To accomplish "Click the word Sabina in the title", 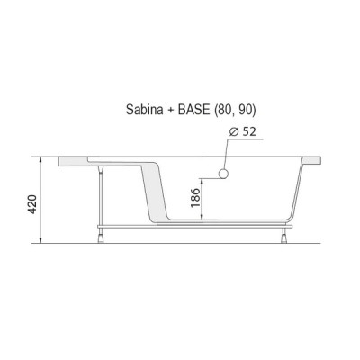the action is (145, 110).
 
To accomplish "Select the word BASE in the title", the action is (193, 110).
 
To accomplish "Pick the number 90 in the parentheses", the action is (244, 110).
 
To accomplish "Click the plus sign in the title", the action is (171, 111).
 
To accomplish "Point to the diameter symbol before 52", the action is (234, 131).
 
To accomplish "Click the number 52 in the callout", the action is (249, 131).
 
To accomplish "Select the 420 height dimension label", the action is (31, 204).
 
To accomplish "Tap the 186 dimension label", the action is (195, 198).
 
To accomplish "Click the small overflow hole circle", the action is (223, 174).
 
